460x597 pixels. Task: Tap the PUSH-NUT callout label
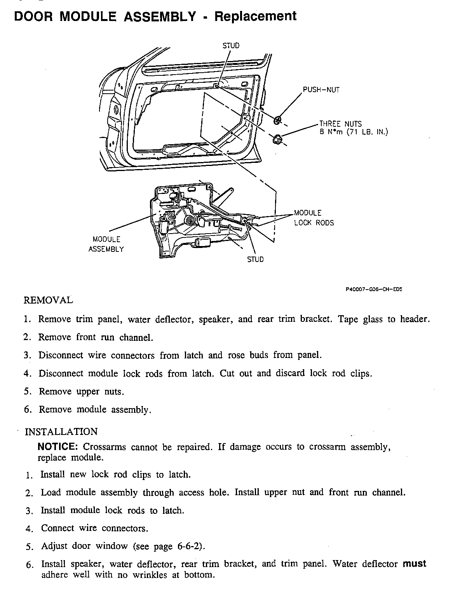(x=321, y=90)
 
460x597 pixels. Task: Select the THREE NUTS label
(x=340, y=124)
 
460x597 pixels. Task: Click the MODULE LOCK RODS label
(x=314, y=218)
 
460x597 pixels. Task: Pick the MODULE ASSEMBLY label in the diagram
(x=106, y=244)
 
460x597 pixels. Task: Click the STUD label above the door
(x=231, y=45)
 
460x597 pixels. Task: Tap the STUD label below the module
(x=255, y=260)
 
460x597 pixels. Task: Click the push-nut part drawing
(x=277, y=120)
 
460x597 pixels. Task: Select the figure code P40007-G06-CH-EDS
(x=373, y=289)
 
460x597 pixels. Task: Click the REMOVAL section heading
(x=48, y=300)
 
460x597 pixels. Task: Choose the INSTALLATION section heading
(x=61, y=432)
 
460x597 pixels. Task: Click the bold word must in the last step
(x=414, y=564)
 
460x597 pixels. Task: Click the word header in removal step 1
(x=415, y=319)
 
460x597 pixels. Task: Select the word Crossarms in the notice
(x=105, y=447)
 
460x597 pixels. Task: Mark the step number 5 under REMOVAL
(x=27, y=391)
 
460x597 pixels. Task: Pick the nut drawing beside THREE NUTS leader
(x=277, y=138)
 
